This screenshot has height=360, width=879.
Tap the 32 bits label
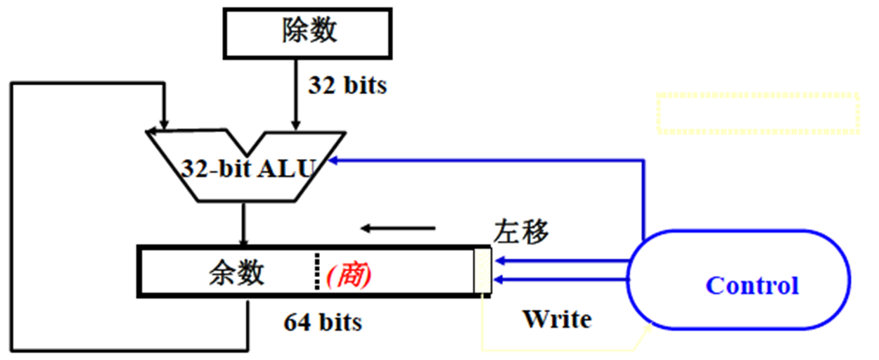pos(347,86)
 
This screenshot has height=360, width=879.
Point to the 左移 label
pos(521,231)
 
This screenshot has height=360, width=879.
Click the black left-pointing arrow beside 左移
pos(398,229)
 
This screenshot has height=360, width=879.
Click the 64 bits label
pos(323,322)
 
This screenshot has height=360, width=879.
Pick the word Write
pos(556,319)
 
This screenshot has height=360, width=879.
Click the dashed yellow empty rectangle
pos(758,112)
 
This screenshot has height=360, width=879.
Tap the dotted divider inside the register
pos(315,272)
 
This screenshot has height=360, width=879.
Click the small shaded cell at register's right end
pos(483,271)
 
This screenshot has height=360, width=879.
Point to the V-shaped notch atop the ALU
pos(247,144)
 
